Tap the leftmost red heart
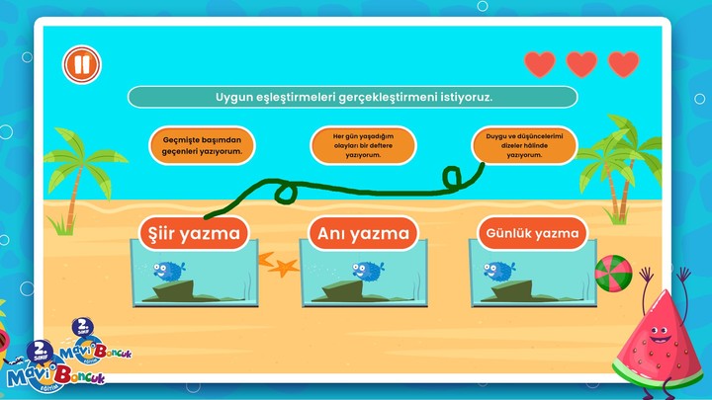(x=540, y=65)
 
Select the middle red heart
(x=581, y=65)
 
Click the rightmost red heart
(x=623, y=65)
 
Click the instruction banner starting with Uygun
(x=353, y=97)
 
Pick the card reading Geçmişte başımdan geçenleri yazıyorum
(x=202, y=145)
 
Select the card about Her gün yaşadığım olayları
(x=363, y=145)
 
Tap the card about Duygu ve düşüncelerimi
(x=523, y=145)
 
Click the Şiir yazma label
(x=194, y=234)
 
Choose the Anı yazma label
(x=362, y=234)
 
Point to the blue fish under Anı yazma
(x=367, y=270)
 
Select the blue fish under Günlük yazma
(x=497, y=270)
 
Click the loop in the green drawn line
(x=454, y=179)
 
